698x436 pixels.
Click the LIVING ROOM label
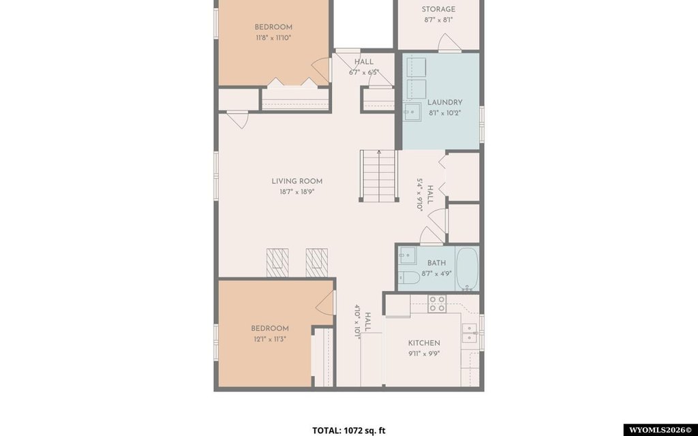[297, 181]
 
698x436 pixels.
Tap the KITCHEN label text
[424, 343]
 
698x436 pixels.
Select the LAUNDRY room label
[444, 102]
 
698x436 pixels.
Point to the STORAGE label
[438, 9]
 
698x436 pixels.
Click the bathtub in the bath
[467, 268]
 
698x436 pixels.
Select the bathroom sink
[407, 255]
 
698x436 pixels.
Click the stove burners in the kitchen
[437, 303]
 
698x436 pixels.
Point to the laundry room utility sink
[412, 111]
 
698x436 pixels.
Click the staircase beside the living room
[378, 176]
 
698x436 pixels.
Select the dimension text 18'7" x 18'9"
[297, 192]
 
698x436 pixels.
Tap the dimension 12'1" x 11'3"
[269, 339]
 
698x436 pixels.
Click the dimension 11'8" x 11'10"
[273, 38]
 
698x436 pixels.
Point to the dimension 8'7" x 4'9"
[436, 274]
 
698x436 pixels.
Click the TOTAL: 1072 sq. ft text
[348, 431]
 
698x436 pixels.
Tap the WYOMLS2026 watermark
[659, 431]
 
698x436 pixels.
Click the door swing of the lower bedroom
[325, 303]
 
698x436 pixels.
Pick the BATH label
[436, 263]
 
